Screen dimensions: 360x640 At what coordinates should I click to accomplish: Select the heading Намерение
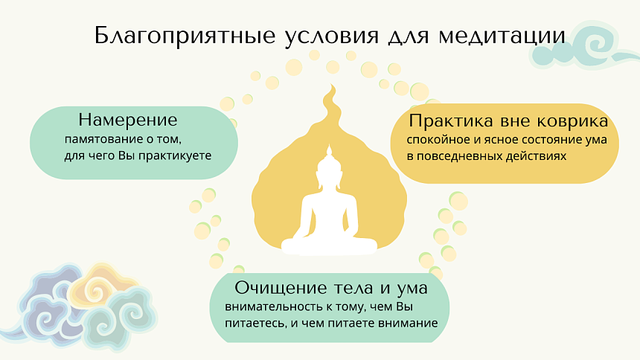click(128, 119)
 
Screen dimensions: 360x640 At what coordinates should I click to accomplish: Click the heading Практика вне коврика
click(509, 120)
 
